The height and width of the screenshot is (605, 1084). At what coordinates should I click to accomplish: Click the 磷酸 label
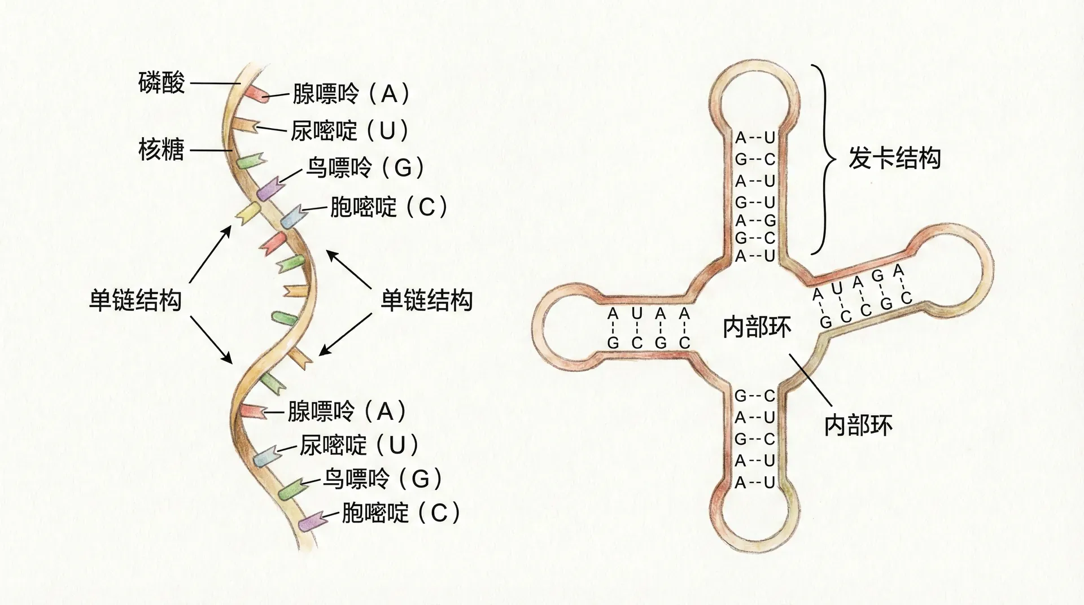tap(161, 84)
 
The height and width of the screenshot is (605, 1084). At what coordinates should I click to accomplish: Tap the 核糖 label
tap(161, 150)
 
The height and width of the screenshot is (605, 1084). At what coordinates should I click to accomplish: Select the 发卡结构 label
tap(895, 158)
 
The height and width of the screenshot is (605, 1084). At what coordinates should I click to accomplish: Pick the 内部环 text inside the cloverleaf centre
tap(757, 327)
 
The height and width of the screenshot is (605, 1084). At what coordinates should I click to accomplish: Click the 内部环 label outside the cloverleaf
tap(858, 425)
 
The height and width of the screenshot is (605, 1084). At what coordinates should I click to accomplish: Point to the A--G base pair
tap(755, 221)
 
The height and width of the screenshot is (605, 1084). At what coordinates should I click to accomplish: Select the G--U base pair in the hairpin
tap(755, 201)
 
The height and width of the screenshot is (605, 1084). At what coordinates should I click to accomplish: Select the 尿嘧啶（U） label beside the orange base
tap(350, 131)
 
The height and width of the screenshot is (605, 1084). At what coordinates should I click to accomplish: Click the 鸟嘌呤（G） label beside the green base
tap(382, 480)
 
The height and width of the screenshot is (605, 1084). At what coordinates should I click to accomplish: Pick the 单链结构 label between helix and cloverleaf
tap(426, 300)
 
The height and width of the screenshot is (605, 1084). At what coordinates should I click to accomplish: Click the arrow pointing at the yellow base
tap(210, 253)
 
